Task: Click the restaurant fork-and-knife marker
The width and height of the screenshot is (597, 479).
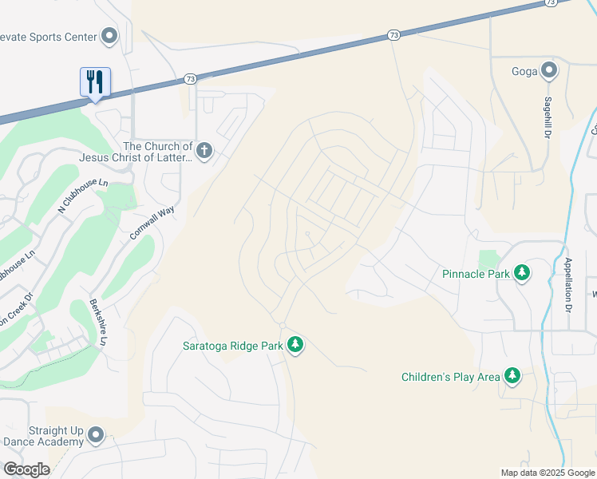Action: tap(95, 81)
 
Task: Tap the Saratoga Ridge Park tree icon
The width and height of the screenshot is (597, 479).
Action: tap(296, 345)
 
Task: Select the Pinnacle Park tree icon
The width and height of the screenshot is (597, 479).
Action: tap(522, 274)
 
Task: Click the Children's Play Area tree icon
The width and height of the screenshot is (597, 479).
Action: tap(512, 376)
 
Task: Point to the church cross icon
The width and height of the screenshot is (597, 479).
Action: tap(204, 151)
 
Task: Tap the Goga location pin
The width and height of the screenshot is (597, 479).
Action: tap(548, 71)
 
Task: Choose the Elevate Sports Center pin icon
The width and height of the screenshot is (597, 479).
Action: tap(109, 36)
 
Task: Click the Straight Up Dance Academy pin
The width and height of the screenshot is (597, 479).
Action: tap(96, 435)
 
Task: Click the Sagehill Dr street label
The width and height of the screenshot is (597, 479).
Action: tap(548, 118)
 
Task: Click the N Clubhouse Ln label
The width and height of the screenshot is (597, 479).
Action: tap(82, 196)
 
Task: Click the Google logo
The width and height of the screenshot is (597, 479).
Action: tap(26, 469)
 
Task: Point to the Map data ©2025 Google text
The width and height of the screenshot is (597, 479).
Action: tap(547, 473)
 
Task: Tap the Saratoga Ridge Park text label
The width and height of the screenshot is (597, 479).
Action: tap(232, 345)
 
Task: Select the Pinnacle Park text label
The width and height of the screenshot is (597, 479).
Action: tap(476, 274)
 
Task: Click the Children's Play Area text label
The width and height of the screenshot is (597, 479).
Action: tap(450, 376)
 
